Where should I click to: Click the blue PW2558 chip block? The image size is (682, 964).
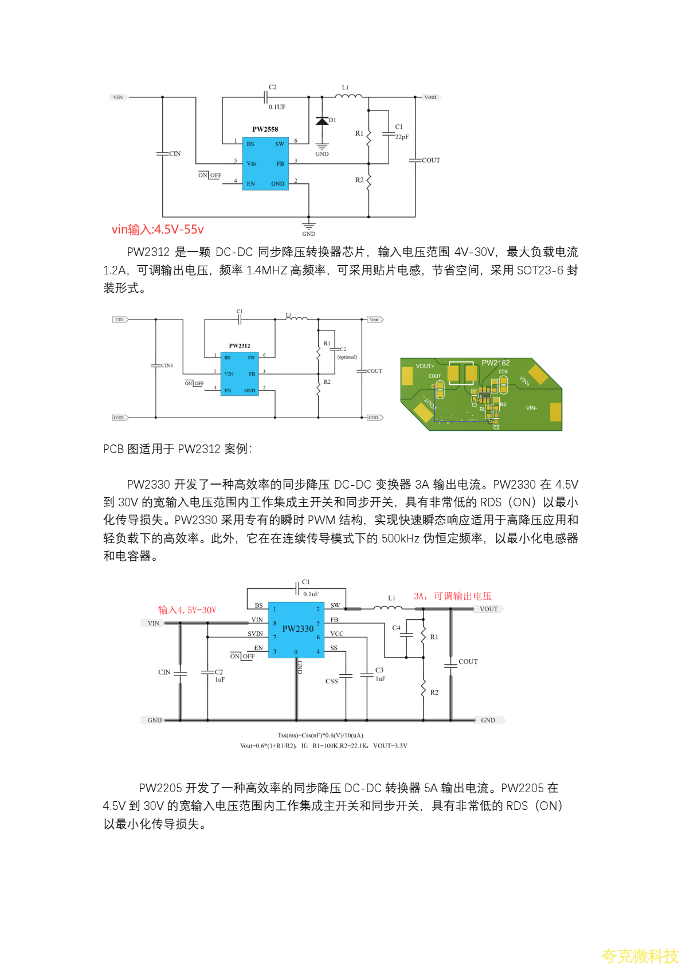(x=265, y=163)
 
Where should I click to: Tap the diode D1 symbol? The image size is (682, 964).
(x=322, y=121)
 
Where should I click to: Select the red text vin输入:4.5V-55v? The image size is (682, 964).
(x=158, y=230)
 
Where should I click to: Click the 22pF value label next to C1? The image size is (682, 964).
(x=402, y=137)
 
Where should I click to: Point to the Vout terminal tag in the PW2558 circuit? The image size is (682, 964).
(x=430, y=97)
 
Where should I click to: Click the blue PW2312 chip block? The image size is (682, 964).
(x=240, y=374)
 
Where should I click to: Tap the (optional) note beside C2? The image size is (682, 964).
(x=347, y=357)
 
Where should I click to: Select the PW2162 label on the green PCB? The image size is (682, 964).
(x=495, y=363)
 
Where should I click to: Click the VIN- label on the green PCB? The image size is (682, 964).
(x=531, y=408)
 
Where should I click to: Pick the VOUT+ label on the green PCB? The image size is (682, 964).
(x=425, y=366)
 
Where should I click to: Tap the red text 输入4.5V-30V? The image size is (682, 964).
(x=187, y=610)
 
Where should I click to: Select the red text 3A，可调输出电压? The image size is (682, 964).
(x=453, y=596)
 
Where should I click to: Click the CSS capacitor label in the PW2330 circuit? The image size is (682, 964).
(x=331, y=681)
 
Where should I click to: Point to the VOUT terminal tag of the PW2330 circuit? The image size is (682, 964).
(x=488, y=609)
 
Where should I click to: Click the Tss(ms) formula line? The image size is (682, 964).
(x=320, y=735)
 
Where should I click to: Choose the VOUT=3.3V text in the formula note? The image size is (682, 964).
(x=390, y=746)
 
